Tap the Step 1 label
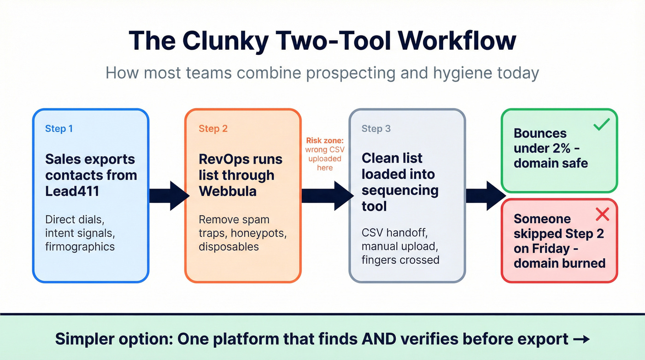pos(59,129)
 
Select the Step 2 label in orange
pos(213,129)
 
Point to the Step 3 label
pos(376,129)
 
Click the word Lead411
pos(72,191)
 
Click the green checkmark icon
pos(601,124)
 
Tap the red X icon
pos(602,214)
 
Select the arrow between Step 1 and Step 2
pos(169,196)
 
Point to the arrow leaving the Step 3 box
pos(485,196)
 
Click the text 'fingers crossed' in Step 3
pos(400,260)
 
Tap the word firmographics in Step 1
pos(80,246)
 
